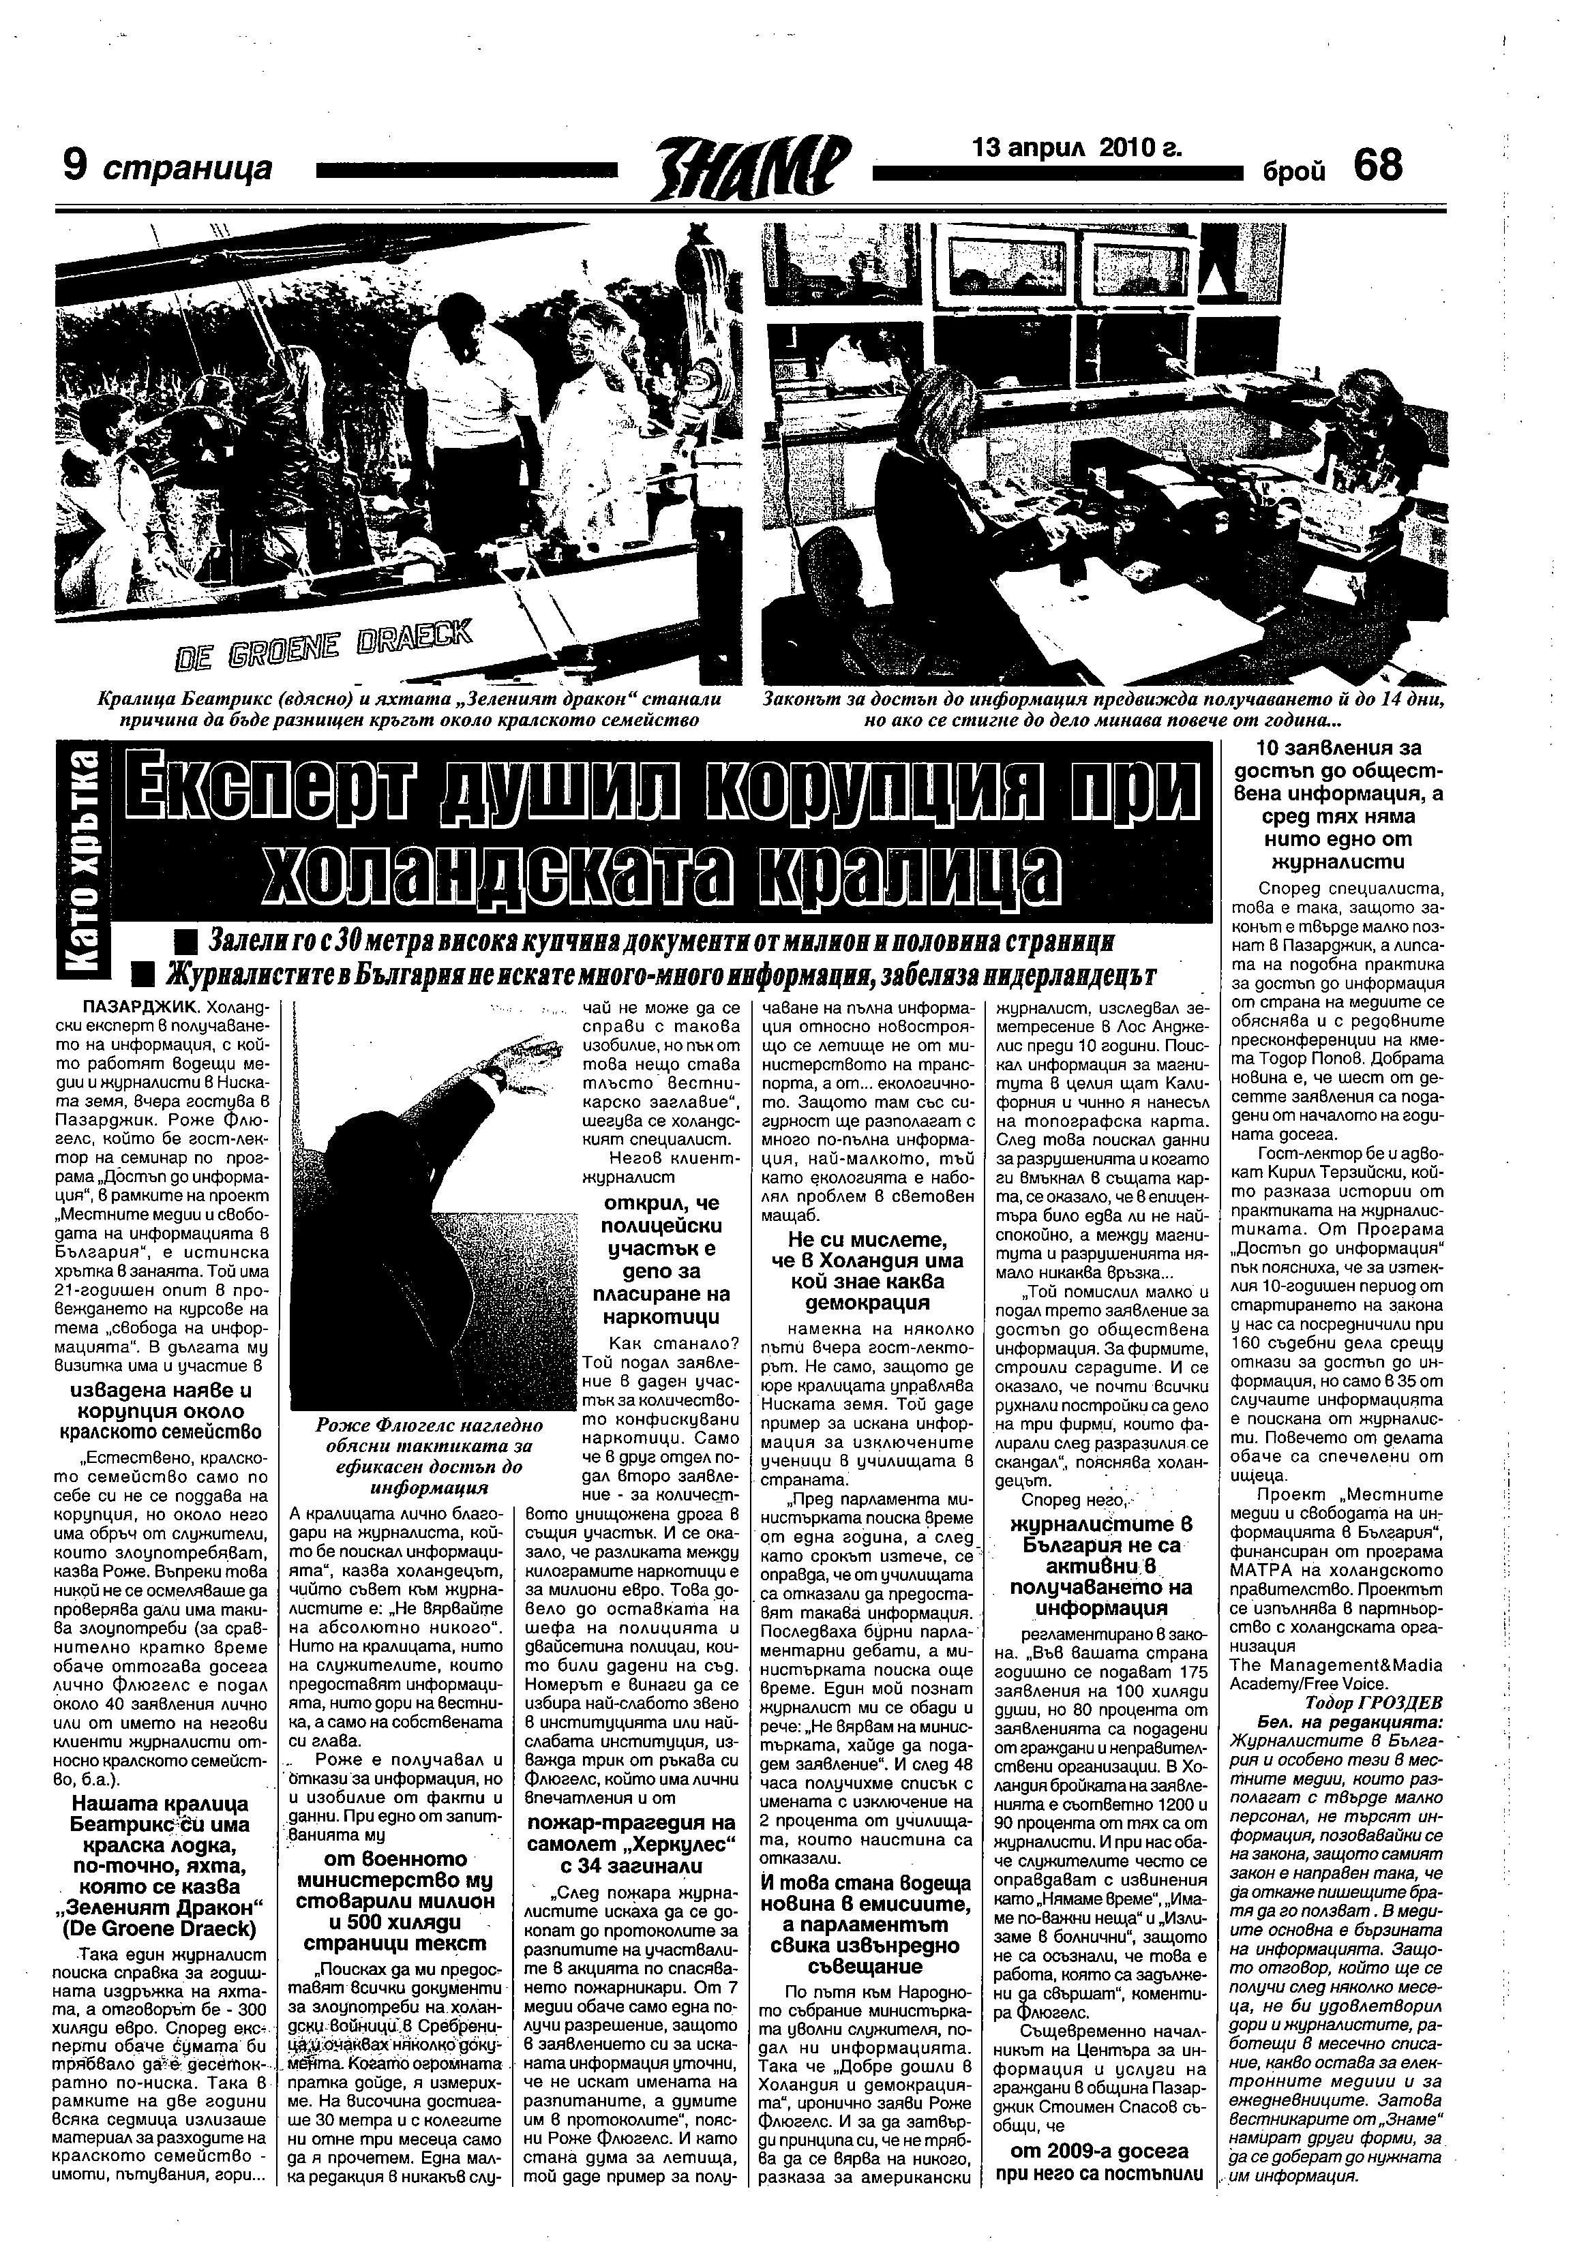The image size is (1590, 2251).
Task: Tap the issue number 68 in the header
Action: click(x=1377, y=166)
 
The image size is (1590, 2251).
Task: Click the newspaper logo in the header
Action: click(x=752, y=166)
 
